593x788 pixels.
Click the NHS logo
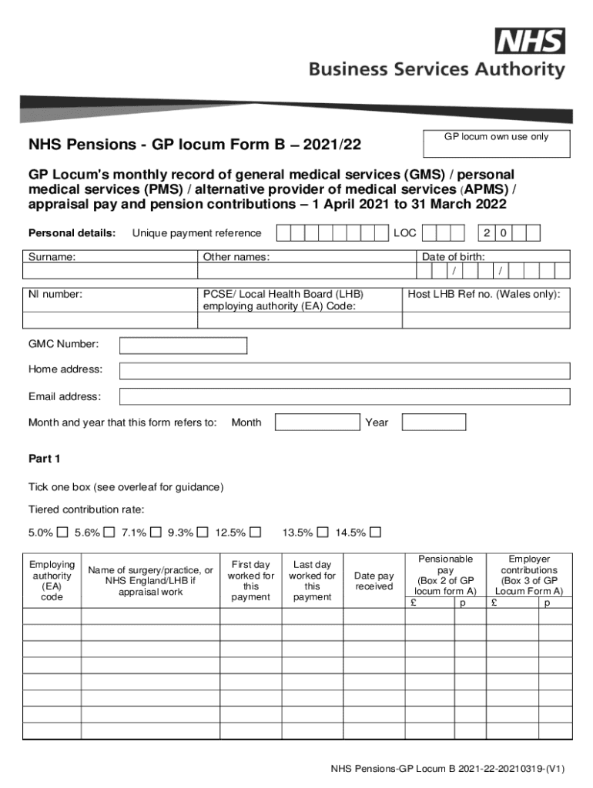click(x=530, y=41)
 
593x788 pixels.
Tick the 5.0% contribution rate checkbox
click(x=62, y=533)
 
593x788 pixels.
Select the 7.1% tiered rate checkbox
click(x=156, y=533)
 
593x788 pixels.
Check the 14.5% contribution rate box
click(x=375, y=533)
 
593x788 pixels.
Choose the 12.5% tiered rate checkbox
click(x=256, y=533)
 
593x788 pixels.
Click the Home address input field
click(x=344, y=370)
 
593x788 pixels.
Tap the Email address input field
click(x=344, y=396)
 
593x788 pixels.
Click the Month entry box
click(x=317, y=422)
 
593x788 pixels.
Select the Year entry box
click(x=434, y=422)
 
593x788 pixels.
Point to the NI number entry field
click(x=110, y=320)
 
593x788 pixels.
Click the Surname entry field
click(x=110, y=271)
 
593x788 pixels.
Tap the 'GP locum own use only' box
click(x=497, y=143)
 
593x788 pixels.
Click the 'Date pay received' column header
click(x=374, y=581)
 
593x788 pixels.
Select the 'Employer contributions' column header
click(x=529, y=575)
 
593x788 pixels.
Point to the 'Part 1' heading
click(x=44, y=459)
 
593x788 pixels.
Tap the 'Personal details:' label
click(x=72, y=233)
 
